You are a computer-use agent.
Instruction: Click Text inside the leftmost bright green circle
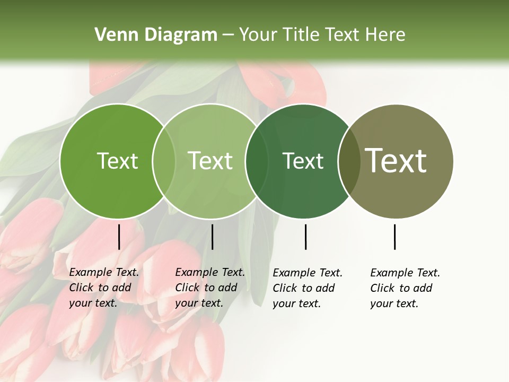[117, 161]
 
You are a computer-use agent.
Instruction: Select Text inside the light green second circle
[210, 161]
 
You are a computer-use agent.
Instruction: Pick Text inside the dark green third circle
[303, 161]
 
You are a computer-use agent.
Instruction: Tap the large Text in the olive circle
[396, 161]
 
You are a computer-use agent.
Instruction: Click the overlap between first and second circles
[164, 161]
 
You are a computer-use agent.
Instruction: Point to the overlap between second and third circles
[257, 161]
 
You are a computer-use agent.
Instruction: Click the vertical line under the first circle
[119, 237]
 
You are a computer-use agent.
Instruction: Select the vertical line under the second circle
[212, 237]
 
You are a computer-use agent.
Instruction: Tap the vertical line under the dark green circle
[305, 237]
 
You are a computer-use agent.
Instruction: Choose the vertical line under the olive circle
[394, 237]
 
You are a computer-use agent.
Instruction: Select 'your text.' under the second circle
[199, 303]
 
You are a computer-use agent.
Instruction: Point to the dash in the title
[228, 36]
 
